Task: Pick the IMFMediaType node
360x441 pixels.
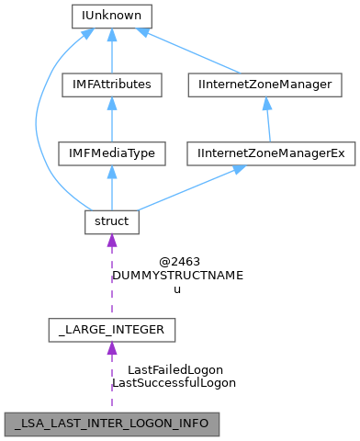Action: coord(111,153)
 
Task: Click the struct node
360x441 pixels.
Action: coord(111,221)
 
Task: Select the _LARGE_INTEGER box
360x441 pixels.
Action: coord(111,328)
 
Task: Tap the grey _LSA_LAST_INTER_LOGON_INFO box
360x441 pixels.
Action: coord(111,424)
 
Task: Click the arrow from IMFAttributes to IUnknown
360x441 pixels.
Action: coord(111,51)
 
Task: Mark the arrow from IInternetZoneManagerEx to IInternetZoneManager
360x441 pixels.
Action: coord(267,119)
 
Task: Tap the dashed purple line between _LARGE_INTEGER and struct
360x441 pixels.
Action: coord(111,280)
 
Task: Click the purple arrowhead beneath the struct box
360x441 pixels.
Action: coord(111,242)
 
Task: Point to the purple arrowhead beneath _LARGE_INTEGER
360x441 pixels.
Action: coord(111,349)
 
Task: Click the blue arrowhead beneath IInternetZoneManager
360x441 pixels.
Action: coord(266,104)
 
